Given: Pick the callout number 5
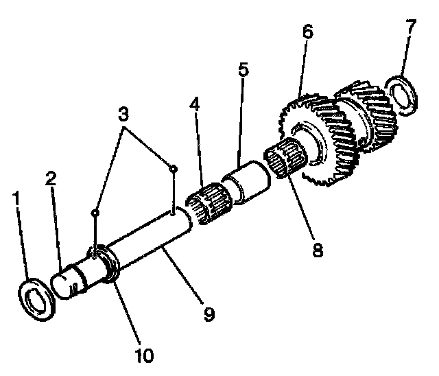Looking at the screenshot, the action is pyautogui.click(x=243, y=71).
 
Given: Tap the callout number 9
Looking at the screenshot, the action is pyautogui.click(x=207, y=314).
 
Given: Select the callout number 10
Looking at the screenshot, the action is pyautogui.click(x=145, y=355).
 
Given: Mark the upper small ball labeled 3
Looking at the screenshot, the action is pyautogui.click(x=174, y=168).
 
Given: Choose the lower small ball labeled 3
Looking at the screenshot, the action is pyautogui.click(x=95, y=213).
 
